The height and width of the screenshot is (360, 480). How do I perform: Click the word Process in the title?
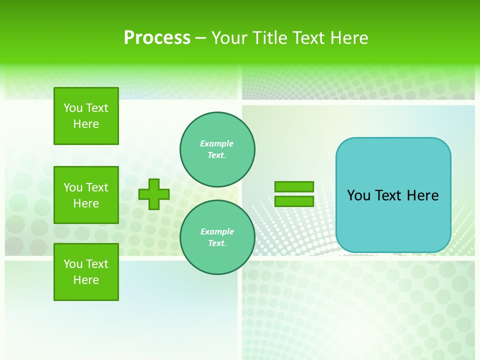tap(157, 38)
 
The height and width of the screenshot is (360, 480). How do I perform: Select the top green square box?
tap(86, 116)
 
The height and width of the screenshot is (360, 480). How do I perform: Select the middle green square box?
tap(86, 195)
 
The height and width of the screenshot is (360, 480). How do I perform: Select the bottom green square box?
tap(86, 272)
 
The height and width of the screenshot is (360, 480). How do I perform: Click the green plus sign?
tap(154, 194)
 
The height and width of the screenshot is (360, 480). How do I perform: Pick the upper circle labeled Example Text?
tap(217, 149)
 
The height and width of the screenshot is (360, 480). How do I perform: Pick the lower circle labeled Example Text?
tap(217, 237)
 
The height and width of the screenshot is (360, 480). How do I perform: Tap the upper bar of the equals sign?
tap(294, 187)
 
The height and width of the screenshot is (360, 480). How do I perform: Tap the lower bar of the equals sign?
tap(294, 201)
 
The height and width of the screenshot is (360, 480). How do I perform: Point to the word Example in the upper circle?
tap(217, 143)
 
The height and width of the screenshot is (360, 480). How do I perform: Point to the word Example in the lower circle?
tap(217, 231)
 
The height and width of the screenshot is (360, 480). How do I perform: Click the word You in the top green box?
tap(73, 108)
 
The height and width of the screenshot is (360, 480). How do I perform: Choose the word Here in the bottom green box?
tap(86, 280)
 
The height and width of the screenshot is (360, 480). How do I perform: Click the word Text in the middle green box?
tap(97, 187)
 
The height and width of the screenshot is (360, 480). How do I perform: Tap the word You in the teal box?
tap(358, 195)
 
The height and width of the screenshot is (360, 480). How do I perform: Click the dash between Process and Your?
tap(200, 38)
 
